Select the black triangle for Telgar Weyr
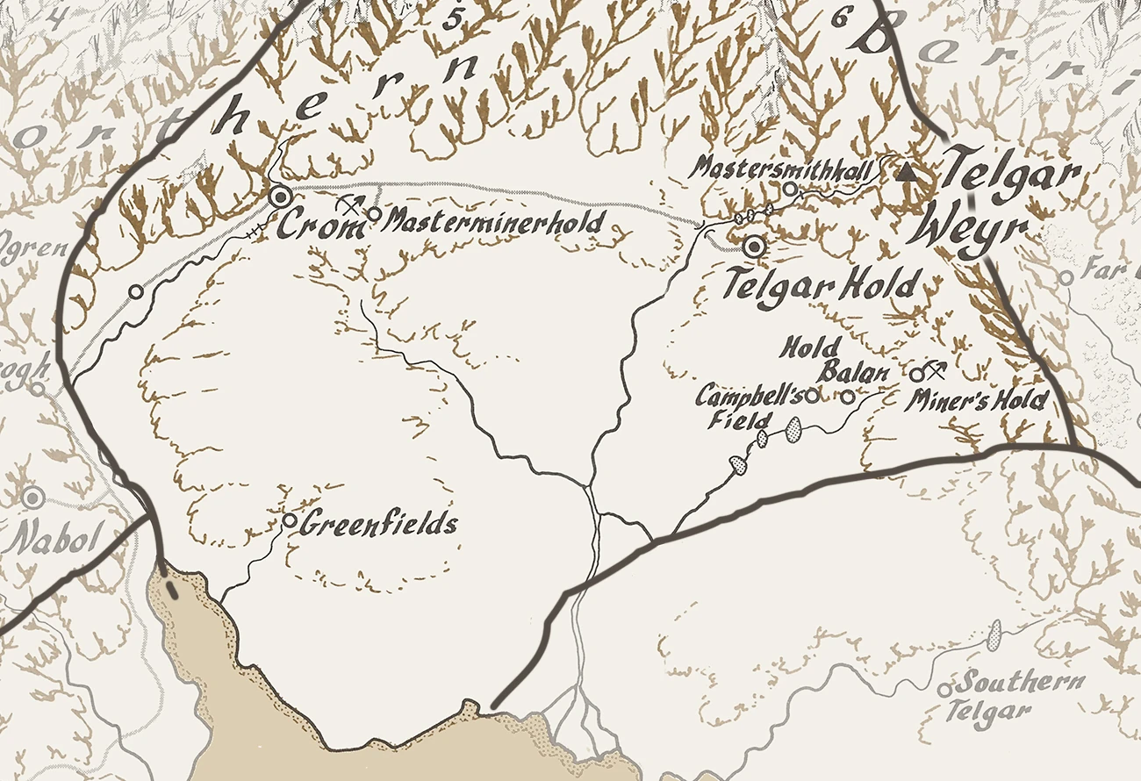908,174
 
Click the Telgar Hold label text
823,284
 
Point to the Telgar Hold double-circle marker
753,247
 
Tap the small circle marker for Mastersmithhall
790,188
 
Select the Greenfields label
379,526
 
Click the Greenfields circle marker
290,520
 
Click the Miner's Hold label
977,401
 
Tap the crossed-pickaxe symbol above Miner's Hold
936,368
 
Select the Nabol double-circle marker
33,498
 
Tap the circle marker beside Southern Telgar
944,690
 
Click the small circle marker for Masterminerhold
374,213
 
